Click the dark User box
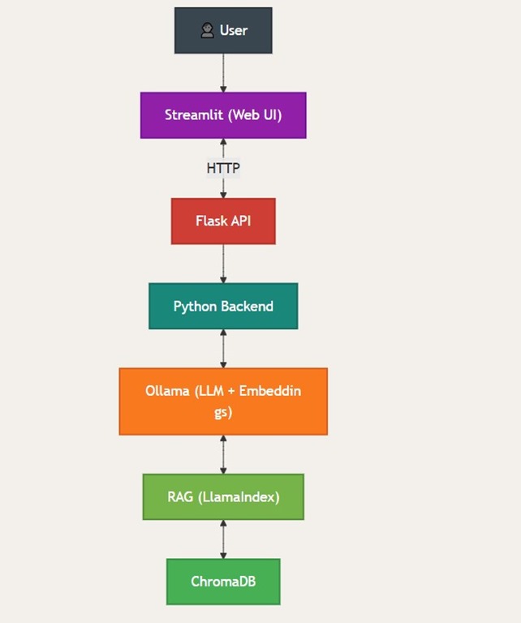pos(223,31)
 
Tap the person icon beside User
pos(207,31)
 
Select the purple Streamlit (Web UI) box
pos(223,115)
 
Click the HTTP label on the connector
pos(223,168)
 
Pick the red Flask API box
pos(223,221)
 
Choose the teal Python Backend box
pos(223,306)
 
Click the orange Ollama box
pos(223,402)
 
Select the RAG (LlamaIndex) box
pos(223,496)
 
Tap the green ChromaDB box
pos(223,582)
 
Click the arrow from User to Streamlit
pos(223,73)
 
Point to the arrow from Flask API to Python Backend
pos(223,264)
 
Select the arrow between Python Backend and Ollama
pos(223,349)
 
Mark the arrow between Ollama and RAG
pos(223,454)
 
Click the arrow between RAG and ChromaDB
pos(223,539)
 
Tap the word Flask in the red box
pos(211,221)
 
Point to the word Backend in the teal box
pos(247,307)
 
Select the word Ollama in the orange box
pos(167,391)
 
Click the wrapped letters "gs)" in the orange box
pos(223,412)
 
